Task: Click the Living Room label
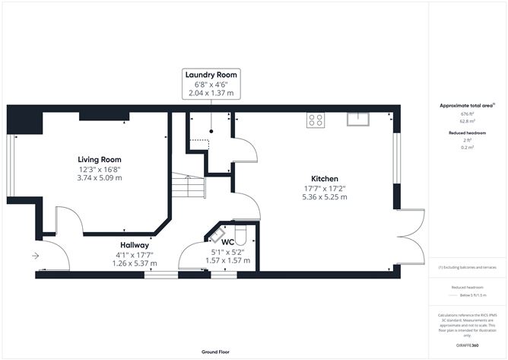[x=100, y=158]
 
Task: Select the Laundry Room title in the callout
[x=211, y=75]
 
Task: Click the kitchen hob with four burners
[x=316, y=119]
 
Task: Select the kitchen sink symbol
[x=357, y=119]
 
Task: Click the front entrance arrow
[x=35, y=256]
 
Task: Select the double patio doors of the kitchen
[x=411, y=237]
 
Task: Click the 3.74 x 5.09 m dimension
[x=100, y=177]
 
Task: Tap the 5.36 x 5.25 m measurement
[x=324, y=196]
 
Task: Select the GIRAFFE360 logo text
[x=468, y=345]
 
